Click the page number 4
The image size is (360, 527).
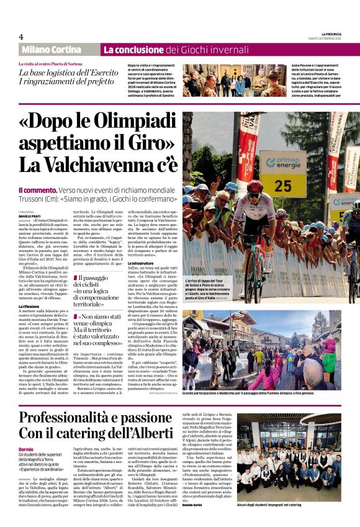21,37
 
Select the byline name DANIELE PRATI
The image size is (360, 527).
32,214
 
